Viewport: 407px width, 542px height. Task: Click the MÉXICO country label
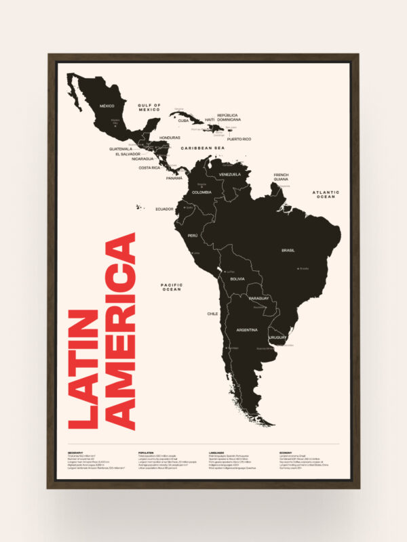pos(107,106)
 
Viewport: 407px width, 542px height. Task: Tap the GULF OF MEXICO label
pos(149,108)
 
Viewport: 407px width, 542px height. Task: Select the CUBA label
pos(184,121)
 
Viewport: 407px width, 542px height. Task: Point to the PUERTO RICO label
pos(239,139)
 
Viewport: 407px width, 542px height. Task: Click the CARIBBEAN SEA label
pos(201,147)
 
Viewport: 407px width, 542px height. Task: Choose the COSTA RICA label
pos(150,167)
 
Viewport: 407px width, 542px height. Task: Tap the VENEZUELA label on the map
pos(230,174)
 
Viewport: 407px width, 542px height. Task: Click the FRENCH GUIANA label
pos(282,177)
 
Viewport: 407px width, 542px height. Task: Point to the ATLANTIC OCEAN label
pos(325,194)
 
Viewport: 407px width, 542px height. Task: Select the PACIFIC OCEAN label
pos(172,287)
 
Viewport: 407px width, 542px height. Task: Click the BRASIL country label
pos(288,251)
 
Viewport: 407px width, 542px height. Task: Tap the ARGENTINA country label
pos(247,329)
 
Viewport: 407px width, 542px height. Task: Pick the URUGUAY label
pos(278,337)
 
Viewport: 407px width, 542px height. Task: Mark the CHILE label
pos(212,314)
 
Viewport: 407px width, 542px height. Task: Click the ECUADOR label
pos(165,209)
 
